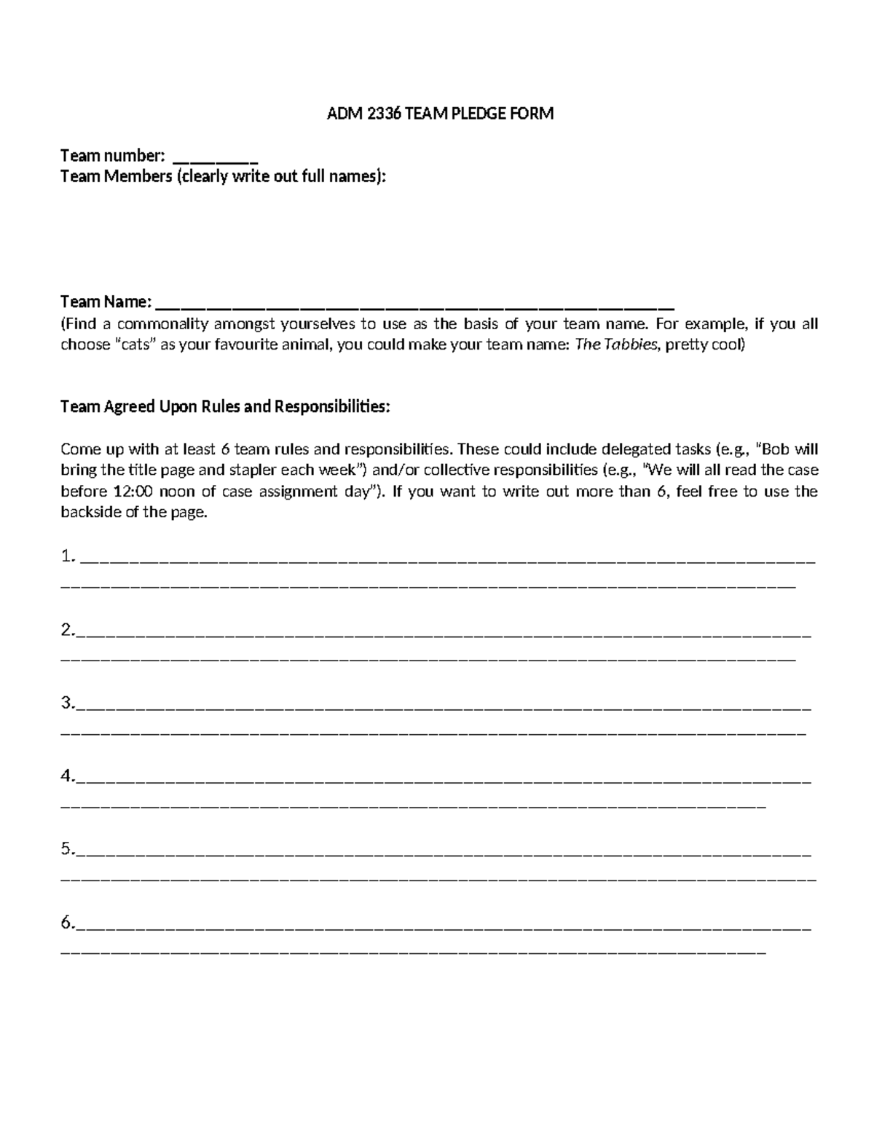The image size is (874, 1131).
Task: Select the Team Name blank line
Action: [415, 305]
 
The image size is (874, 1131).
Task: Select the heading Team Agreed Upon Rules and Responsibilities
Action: [225, 406]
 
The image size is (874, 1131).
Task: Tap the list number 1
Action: [68, 558]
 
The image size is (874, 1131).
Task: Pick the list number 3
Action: [68, 704]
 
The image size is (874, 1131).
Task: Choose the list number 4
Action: [68, 776]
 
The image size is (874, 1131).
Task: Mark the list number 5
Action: [68, 849]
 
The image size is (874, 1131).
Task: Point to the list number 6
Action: [68, 923]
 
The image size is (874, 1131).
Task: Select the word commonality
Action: [162, 324]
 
